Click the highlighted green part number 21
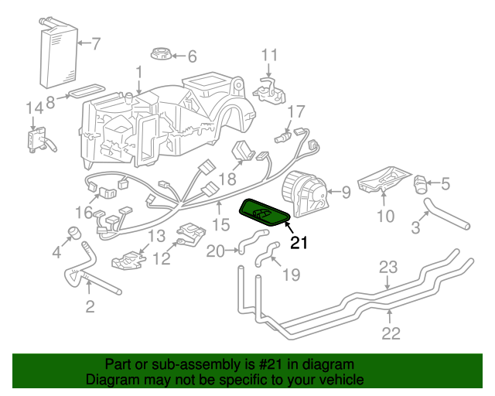(266, 210)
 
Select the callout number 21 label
(299, 243)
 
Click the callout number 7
(96, 43)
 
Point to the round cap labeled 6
(160, 56)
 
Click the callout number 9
(346, 191)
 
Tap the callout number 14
(33, 108)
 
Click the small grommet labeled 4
(74, 233)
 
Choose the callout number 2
(90, 307)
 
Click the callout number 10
(384, 216)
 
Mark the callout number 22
(391, 333)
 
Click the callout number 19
(290, 274)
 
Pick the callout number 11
(268, 55)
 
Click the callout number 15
(221, 225)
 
